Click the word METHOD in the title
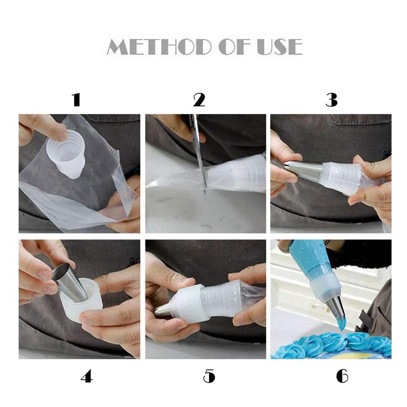click(159, 47)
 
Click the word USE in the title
click(280, 47)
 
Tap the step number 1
click(76, 100)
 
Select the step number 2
click(199, 100)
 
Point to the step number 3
click(331, 100)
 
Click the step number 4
click(87, 376)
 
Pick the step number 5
click(209, 376)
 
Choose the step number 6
click(342, 376)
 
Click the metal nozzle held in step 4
click(70, 283)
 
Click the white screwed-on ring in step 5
click(187, 303)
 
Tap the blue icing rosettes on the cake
click(332, 344)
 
